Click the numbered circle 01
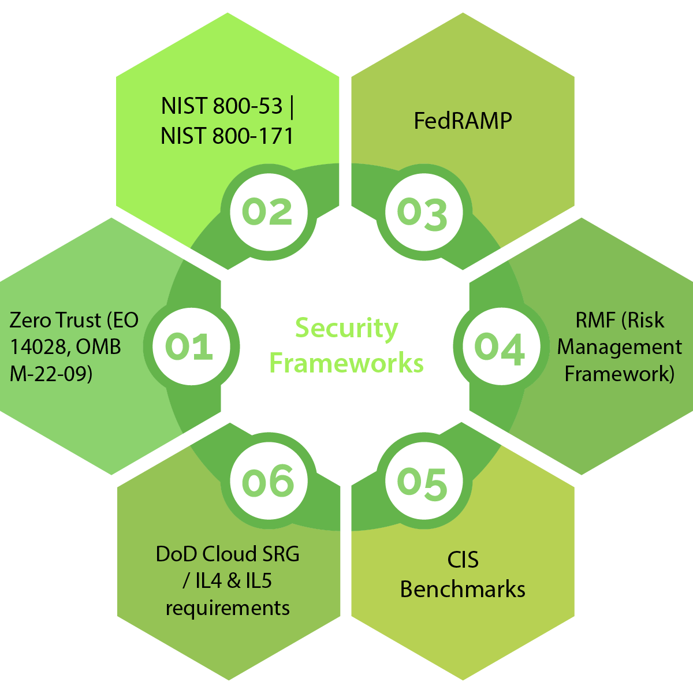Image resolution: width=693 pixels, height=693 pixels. [x=189, y=346]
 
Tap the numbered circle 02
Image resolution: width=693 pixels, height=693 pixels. [x=267, y=212]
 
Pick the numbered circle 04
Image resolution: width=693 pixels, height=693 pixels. [x=500, y=348]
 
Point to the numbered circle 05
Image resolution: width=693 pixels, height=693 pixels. [x=423, y=482]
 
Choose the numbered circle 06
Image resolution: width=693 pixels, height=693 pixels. [x=268, y=482]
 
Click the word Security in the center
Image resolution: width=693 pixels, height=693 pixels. [x=346, y=329]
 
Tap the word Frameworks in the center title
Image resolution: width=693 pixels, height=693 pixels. [x=346, y=363]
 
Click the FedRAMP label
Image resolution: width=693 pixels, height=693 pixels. [x=463, y=121]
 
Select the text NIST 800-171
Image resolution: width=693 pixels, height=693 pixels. [x=227, y=136]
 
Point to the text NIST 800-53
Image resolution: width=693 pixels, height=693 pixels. [x=222, y=106]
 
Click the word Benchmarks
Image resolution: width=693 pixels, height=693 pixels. [x=463, y=590]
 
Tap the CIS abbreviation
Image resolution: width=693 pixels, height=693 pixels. [x=463, y=560]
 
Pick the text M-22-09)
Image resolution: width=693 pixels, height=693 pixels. [x=51, y=374]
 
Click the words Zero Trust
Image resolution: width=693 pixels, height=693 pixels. [x=55, y=320]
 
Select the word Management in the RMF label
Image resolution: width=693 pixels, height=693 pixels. [x=620, y=347]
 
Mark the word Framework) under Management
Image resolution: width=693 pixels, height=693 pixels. [x=620, y=374]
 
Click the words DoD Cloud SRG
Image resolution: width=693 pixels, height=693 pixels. [x=228, y=554]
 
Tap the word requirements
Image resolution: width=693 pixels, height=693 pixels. [x=228, y=608]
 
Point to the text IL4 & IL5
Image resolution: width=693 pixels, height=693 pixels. [x=233, y=581]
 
